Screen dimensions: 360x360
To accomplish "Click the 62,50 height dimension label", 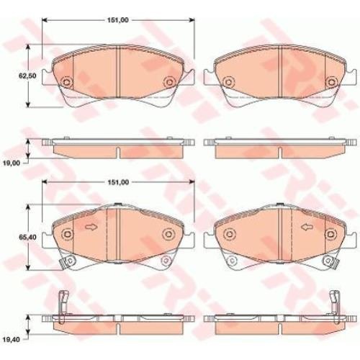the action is pos(27,76).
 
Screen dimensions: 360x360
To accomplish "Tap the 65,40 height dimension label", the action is pos(27,237).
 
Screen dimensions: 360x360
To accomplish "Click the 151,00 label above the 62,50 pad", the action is pos(117,20).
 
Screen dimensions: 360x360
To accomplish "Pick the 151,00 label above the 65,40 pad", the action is pos(117,182).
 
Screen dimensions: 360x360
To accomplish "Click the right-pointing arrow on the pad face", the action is pos(91,227).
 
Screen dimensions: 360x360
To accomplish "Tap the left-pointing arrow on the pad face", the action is pos(307,227).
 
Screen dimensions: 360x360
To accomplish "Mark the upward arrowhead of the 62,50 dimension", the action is pos(28,48).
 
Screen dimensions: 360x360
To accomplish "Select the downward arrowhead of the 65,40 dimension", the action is pos(28,268).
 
